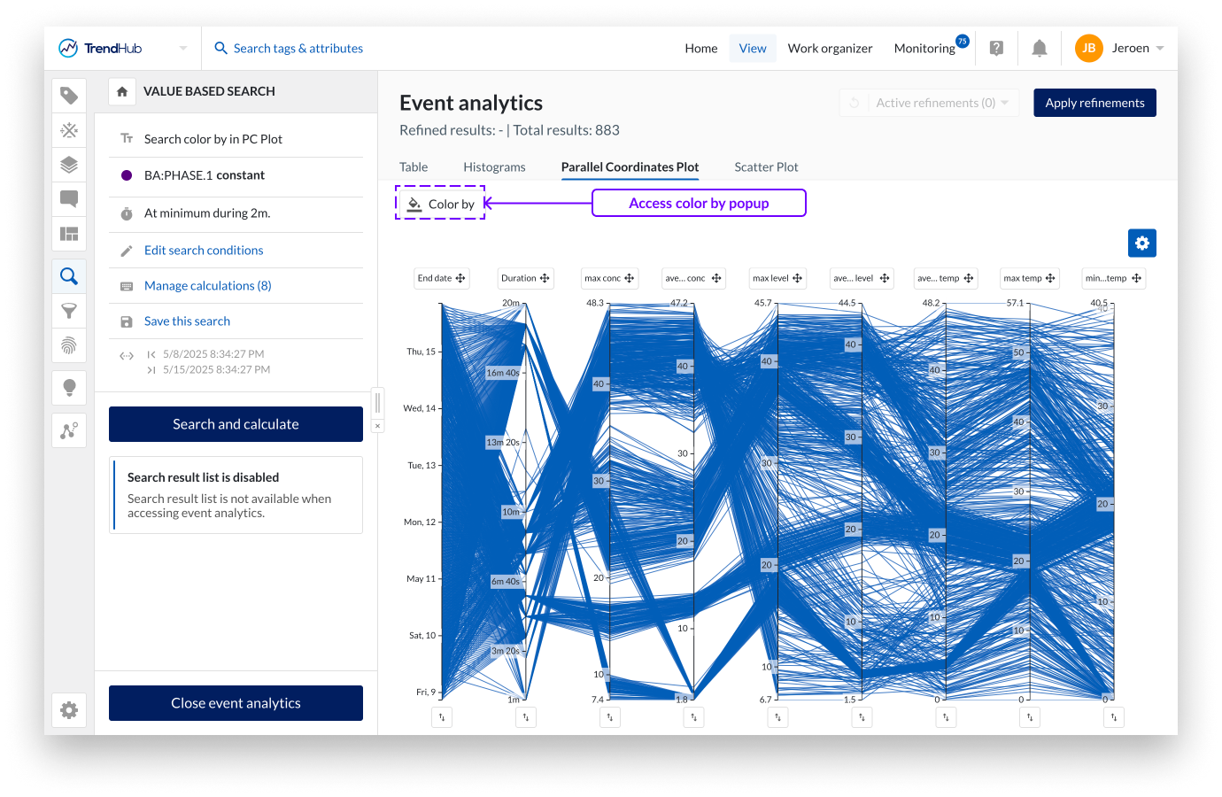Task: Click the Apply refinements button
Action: click(x=1094, y=103)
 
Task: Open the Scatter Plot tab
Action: click(x=766, y=167)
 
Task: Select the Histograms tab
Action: click(x=494, y=167)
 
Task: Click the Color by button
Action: click(x=441, y=204)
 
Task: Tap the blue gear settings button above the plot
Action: click(x=1141, y=243)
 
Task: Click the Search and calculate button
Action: click(x=236, y=424)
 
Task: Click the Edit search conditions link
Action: click(x=204, y=251)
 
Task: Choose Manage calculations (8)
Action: click(x=207, y=286)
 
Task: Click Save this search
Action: click(x=187, y=321)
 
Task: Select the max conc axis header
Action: click(x=609, y=278)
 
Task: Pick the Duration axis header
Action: click(x=525, y=278)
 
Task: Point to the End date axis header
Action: click(x=441, y=278)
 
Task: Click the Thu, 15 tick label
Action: click(x=422, y=352)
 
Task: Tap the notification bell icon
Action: click(x=1040, y=49)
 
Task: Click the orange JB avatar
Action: click(x=1088, y=49)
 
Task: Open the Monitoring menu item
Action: click(x=924, y=49)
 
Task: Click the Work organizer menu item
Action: click(x=830, y=49)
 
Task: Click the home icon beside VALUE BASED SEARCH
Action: click(x=122, y=91)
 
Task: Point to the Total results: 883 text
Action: click(x=566, y=130)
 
